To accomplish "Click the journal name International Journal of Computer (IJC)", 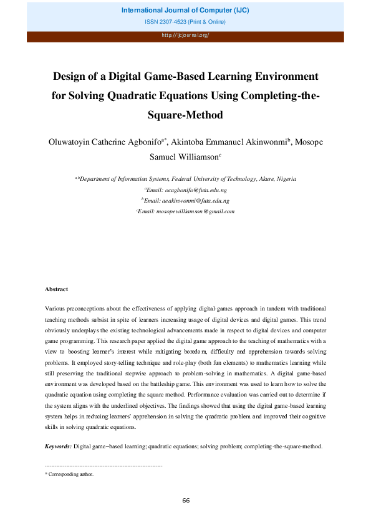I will (x=185, y=11).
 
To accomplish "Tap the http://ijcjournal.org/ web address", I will (x=185, y=35).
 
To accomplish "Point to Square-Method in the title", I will (x=185, y=115).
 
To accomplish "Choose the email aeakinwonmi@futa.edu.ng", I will (x=188, y=201).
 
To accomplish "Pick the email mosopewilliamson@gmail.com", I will (x=187, y=211).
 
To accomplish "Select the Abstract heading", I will (x=57, y=289).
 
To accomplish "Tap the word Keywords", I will (x=58, y=446).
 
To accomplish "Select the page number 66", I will (x=186, y=500).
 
